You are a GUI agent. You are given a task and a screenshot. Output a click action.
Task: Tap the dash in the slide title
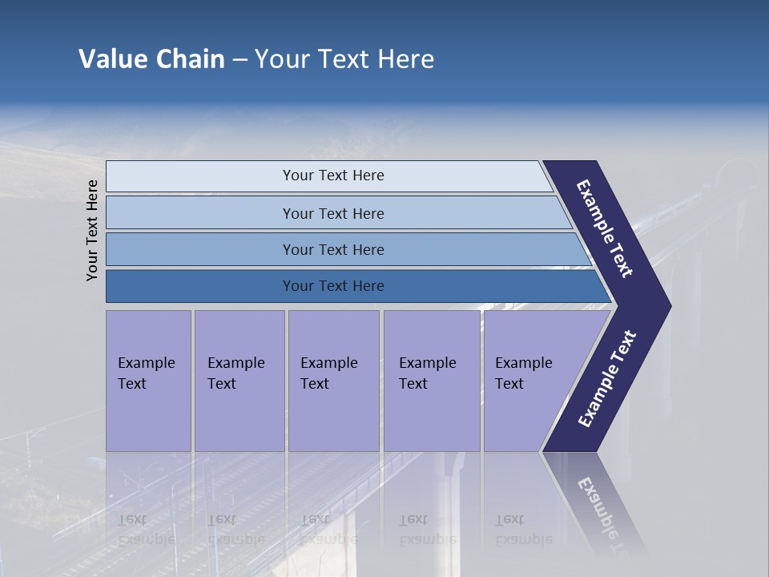240,60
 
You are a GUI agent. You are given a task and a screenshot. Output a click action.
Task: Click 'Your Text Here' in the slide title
344,59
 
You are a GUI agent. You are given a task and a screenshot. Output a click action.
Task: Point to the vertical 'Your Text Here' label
92,230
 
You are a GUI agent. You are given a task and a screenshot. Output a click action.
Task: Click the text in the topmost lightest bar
333,176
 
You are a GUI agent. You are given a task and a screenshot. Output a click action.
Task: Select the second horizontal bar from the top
333,213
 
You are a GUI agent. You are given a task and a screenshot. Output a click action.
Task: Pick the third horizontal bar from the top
333,249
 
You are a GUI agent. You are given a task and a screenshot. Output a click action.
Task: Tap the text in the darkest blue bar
333,286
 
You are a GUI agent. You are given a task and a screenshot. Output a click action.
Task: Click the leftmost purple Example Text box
148,380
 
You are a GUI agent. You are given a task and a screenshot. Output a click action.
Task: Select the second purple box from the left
239,380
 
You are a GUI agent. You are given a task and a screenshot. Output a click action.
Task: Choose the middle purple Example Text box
333,380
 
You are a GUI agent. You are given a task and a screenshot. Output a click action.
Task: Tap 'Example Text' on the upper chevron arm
605,228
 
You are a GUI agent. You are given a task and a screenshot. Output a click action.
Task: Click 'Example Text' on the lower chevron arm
607,379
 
